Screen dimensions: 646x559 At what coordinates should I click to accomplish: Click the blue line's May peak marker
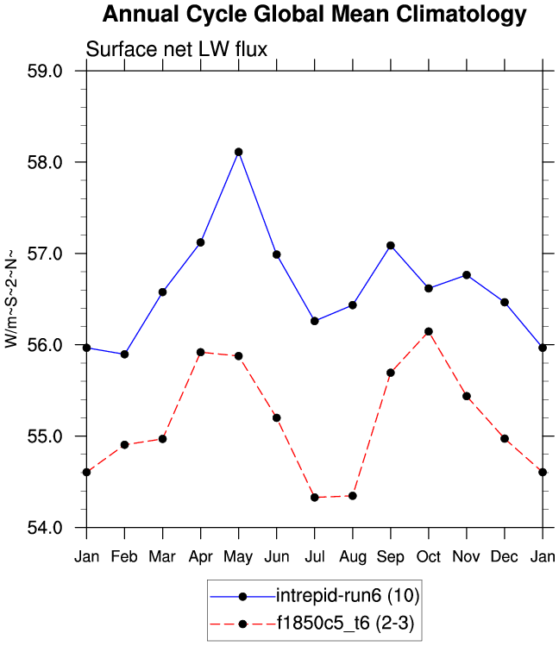(239, 152)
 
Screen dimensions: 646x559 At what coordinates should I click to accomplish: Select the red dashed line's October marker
(429, 331)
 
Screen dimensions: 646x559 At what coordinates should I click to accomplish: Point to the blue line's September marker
(391, 246)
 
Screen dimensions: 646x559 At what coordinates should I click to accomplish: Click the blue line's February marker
(125, 354)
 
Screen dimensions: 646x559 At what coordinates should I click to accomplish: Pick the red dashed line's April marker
(201, 352)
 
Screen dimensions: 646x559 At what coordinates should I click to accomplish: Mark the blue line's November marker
(467, 274)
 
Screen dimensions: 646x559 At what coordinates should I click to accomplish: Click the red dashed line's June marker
(277, 417)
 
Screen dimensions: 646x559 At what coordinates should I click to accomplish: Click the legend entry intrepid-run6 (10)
(348, 595)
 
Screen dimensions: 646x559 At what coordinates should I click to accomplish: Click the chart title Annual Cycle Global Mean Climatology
(314, 15)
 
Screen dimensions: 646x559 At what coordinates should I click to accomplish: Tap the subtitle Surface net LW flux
(177, 50)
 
